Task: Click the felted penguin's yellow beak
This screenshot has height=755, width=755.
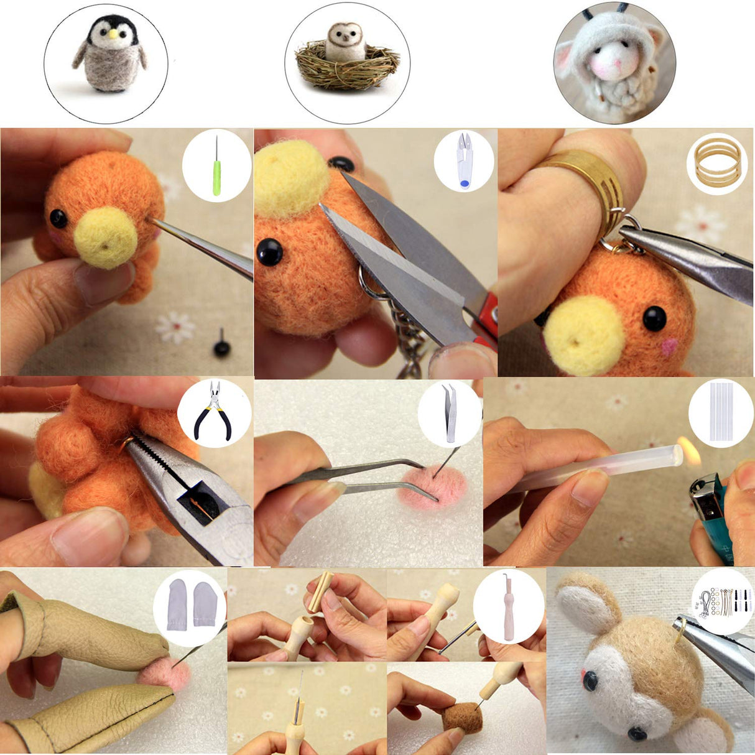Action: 113,35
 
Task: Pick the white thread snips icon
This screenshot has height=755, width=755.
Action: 463,160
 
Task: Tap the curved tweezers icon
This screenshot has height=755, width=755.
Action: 449,413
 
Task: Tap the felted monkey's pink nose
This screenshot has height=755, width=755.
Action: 584,676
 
